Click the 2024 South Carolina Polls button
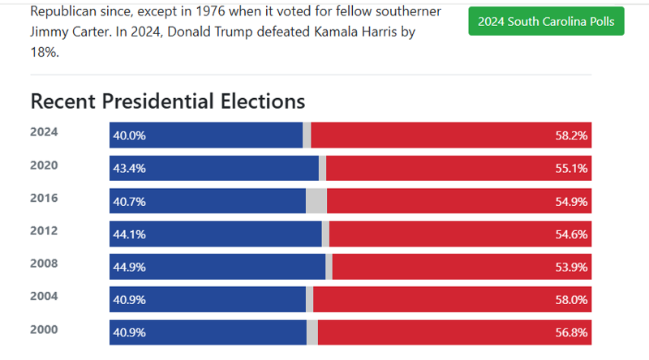(546, 21)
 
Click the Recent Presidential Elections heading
(167, 101)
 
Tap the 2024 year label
(44, 131)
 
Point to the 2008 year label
(44, 264)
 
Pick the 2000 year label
(44, 329)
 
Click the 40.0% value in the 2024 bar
(130, 135)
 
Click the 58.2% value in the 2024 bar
(571, 135)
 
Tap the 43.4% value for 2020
(130, 169)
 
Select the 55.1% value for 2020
(571, 169)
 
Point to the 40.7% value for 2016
(130, 202)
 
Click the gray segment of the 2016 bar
(316, 202)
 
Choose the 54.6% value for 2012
(571, 234)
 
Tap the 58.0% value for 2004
(571, 300)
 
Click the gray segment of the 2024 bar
(307, 135)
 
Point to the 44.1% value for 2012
(130, 234)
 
